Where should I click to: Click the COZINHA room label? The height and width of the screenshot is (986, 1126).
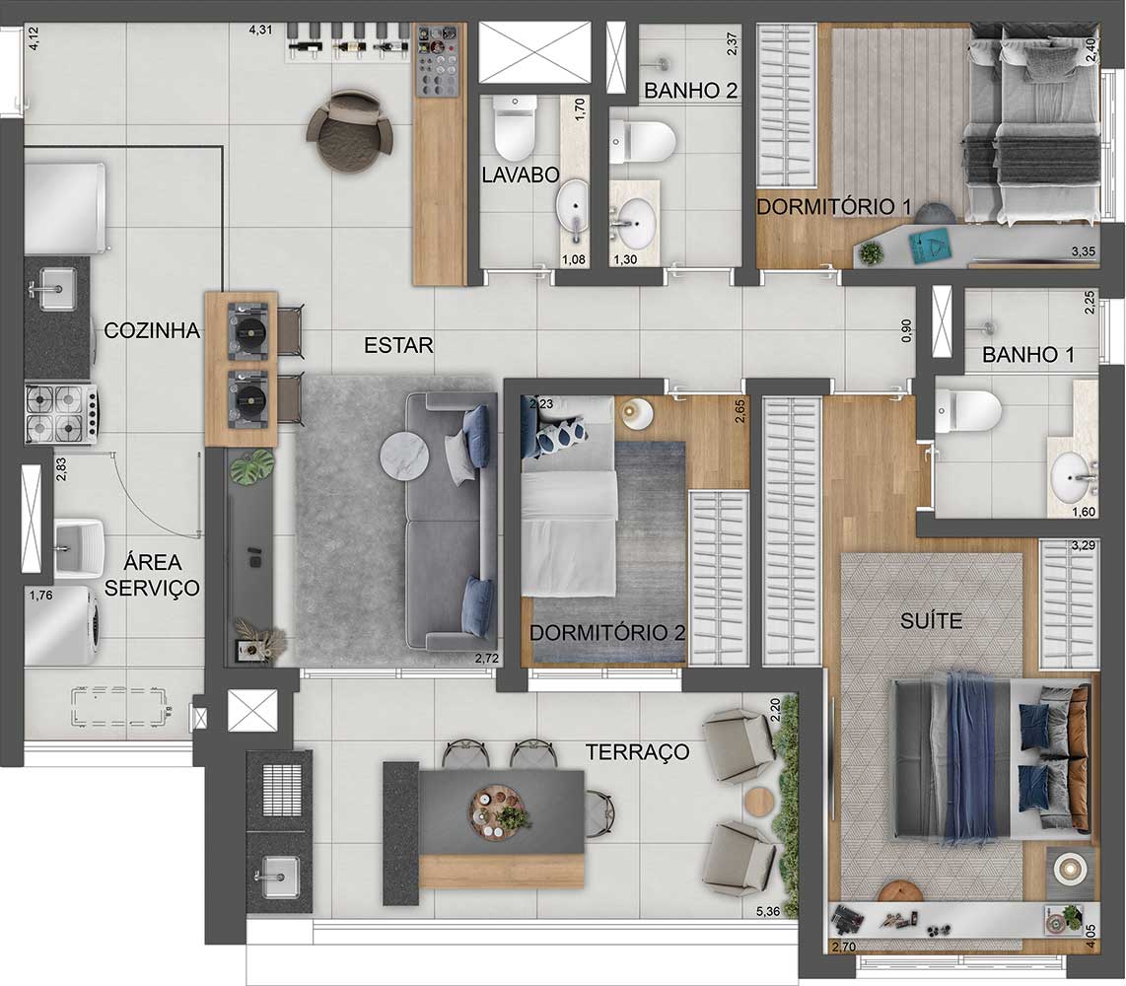152,331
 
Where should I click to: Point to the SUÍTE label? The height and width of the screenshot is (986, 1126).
931,621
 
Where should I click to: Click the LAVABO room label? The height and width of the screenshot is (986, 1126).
521,176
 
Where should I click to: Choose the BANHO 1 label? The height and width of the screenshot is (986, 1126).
1027,356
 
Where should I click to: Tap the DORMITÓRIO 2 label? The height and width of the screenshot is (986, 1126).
607,632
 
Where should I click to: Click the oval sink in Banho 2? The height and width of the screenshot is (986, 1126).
636,222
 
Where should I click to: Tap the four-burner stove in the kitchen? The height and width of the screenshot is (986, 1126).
58,413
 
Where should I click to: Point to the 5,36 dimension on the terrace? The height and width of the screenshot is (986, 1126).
766,912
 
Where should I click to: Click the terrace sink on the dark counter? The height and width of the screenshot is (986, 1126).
279,871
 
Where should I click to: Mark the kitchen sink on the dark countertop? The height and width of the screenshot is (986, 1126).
54,287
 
